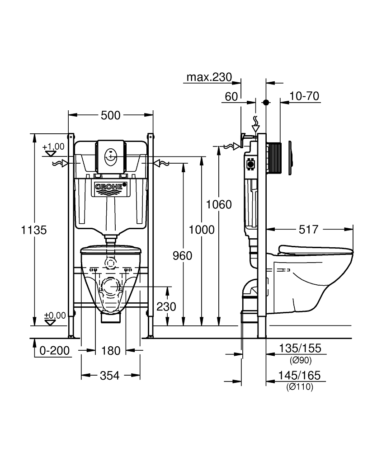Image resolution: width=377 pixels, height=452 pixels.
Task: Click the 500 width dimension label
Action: pos(110,115)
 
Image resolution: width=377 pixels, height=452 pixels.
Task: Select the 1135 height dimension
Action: pos(34,230)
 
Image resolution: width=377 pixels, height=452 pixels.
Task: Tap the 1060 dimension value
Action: pos(219,204)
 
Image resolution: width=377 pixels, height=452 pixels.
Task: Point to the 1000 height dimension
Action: pos(202,230)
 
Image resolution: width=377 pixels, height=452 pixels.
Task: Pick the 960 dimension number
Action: pos(183,256)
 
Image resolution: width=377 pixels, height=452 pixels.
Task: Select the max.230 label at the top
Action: pos(209,77)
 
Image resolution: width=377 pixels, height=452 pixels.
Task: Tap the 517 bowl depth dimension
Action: pos(309,230)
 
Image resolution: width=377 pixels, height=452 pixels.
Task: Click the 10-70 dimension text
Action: pos(305,96)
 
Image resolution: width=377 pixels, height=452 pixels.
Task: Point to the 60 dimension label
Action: pos(231,96)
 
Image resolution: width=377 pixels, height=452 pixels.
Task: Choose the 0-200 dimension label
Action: pos(55,350)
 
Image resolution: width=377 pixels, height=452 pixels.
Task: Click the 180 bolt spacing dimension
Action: pos(111,350)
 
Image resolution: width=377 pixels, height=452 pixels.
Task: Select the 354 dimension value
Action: pos(110,375)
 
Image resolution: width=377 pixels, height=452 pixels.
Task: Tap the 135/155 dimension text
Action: pos(300,348)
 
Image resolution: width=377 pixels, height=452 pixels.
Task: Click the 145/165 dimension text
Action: pos(300,375)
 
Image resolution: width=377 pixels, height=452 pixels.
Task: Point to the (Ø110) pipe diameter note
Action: pos(300,386)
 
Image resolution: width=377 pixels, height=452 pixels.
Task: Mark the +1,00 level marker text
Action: pos(53,147)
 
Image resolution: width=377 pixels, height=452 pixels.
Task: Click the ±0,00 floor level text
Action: pos(54,315)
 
